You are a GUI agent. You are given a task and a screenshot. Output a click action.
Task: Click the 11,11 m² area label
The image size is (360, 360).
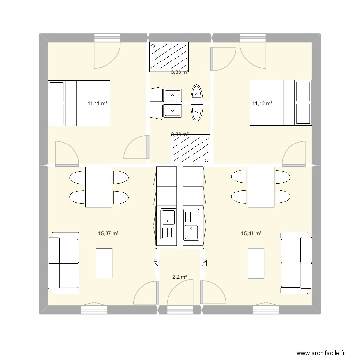click(x=96, y=103)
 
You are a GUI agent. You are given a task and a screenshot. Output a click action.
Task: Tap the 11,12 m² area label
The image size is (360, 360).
click(x=262, y=103)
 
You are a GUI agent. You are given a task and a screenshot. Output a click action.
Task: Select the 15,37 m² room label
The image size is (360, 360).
click(x=108, y=233)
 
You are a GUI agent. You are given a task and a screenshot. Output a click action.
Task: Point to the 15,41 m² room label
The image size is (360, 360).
click(x=251, y=233)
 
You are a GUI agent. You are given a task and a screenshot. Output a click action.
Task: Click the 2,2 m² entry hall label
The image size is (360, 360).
click(x=180, y=277)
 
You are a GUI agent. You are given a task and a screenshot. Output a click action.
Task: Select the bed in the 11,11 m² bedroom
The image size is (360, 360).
click(x=79, y=103)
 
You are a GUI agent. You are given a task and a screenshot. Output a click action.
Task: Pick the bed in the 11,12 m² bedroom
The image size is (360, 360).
click(x=280, y=103)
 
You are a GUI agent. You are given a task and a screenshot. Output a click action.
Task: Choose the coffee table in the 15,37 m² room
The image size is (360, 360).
click(x=104, y=263)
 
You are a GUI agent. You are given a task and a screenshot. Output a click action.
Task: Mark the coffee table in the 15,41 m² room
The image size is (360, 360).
click(x=255, y=263)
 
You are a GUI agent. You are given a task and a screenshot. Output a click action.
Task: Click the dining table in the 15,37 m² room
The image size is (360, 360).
click(x=99, y=187)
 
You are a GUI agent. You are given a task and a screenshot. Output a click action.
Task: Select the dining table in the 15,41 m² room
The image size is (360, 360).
click(x=261, y=187)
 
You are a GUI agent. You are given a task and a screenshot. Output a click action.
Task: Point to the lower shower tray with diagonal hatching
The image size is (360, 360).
click(x=191, y=149)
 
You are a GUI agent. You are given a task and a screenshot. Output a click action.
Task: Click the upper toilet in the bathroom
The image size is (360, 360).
click(x=197, y=93)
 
